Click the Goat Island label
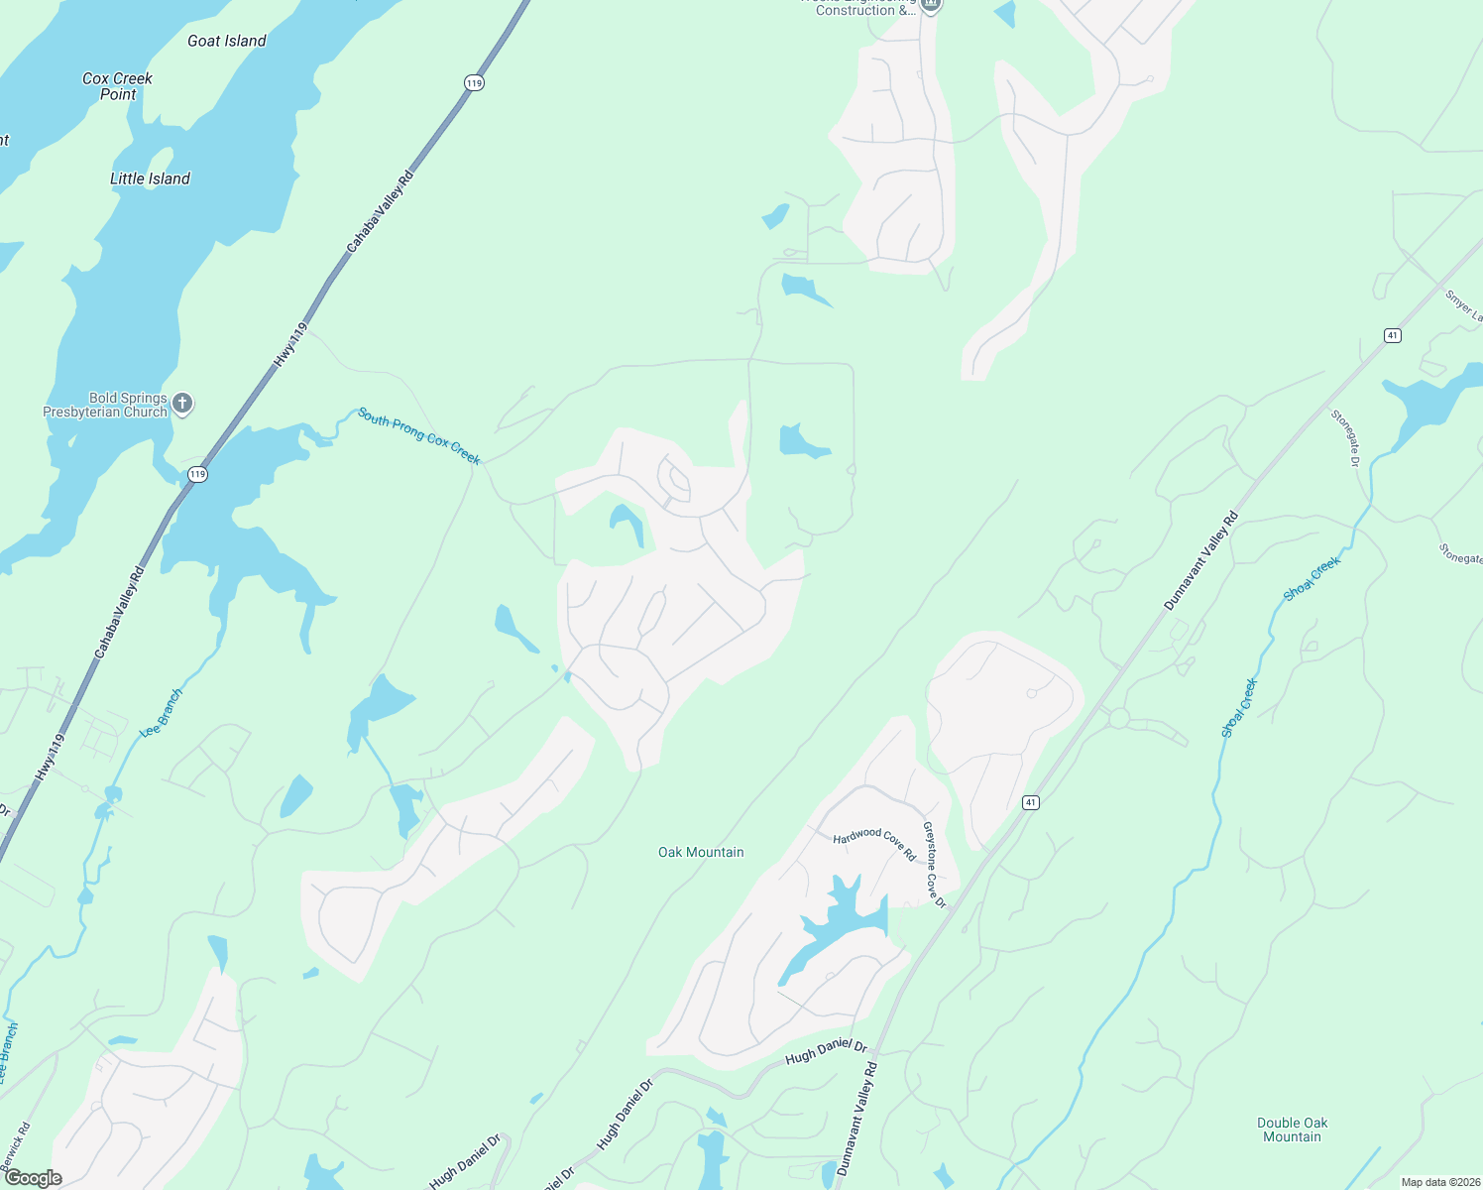coord(227,41)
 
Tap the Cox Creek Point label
coord(117,86)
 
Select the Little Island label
coord(150,178)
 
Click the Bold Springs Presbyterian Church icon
coord(182,403)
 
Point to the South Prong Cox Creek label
coord(419,436)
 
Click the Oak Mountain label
coord(701,852)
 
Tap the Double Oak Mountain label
coord(1292,1130)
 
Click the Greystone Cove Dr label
coord(934,865)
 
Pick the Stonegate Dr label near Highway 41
coord(1345,437)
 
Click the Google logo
coord(34,1178)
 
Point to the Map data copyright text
coord(1440,1182)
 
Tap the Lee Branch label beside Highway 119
coord(162,712)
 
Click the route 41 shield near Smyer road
coord(1393,336)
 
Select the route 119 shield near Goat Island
coord(474,83)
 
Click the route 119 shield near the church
coord(198,474)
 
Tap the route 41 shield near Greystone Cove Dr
coord(1031,802)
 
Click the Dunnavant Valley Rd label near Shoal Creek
coord(1200,560)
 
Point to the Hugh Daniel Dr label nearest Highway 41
coord(826,1052)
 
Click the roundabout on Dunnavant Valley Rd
coord(1119,718)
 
